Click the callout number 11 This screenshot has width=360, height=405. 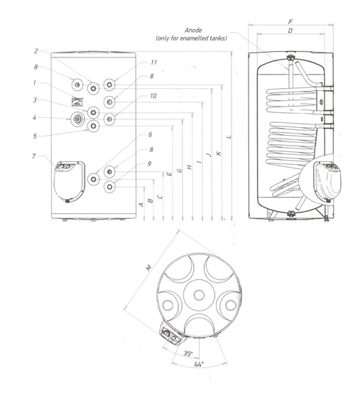pyautogui.click(x=153, y=63)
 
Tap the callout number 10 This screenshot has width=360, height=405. pyautogui.click(x=153, y=96)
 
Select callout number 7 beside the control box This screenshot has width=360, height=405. pyautogui.click(x=34, y=156)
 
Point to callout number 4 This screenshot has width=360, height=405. pyautogui.click(x=34, y=118)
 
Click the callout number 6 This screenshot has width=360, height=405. pyautogui.click(x=151, y=134)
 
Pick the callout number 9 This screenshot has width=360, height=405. pyautogui.click(x=149, y=163)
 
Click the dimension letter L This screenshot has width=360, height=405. pyautogui.click(x=229, y=136)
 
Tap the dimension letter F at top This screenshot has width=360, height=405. pyautogui.click(x=290, y=22)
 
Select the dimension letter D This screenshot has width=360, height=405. pyautogui.click(x=290, y=31)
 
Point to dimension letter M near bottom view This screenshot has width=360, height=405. pyautogui.click(x=149, y=268)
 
